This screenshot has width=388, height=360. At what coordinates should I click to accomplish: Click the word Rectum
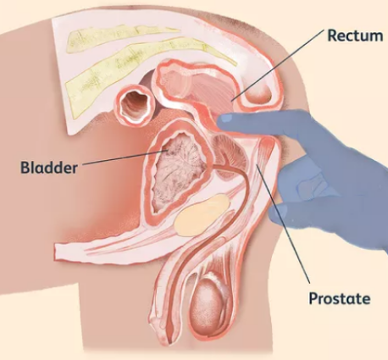(x=355, y=36)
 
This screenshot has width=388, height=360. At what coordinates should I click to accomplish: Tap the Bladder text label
(x=49, y=168)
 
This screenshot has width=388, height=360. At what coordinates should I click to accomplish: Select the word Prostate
(x=340, y=298)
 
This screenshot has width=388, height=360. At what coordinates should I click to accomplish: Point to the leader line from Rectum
(x=277, y=64)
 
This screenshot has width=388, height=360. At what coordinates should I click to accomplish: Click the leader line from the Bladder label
(x=123, y=158)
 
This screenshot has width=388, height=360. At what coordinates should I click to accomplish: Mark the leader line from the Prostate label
(x=283, y=224)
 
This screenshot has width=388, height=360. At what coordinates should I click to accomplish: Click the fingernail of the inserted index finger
(x=226, y=118)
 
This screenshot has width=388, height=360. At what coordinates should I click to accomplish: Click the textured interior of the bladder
(x=179, y=170)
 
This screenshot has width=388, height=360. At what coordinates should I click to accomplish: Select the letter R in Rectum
(x=333, y=36)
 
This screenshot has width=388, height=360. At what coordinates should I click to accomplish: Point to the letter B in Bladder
(x=25, y=168)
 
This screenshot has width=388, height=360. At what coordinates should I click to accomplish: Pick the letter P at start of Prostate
(x=313, y=298)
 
